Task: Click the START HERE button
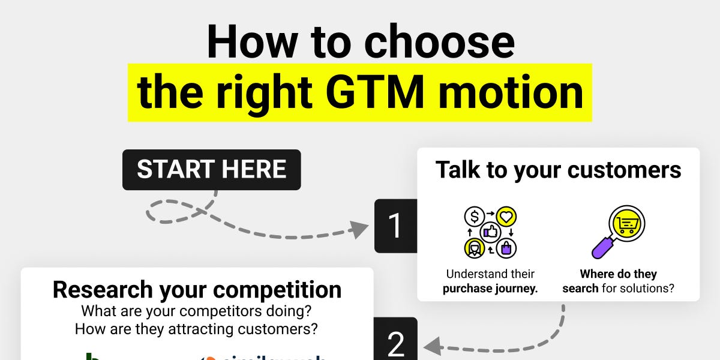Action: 211,170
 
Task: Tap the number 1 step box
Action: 395,226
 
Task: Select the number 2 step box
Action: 395,342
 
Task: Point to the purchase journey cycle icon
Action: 491,232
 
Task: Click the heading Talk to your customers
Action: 558,170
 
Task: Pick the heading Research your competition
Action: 197,290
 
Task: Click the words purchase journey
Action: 491,288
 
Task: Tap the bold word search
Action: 580,288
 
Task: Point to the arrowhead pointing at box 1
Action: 360,229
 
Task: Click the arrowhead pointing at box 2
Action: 431,346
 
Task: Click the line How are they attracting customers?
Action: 197,329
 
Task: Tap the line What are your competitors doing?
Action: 197,311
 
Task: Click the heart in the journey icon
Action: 506,217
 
